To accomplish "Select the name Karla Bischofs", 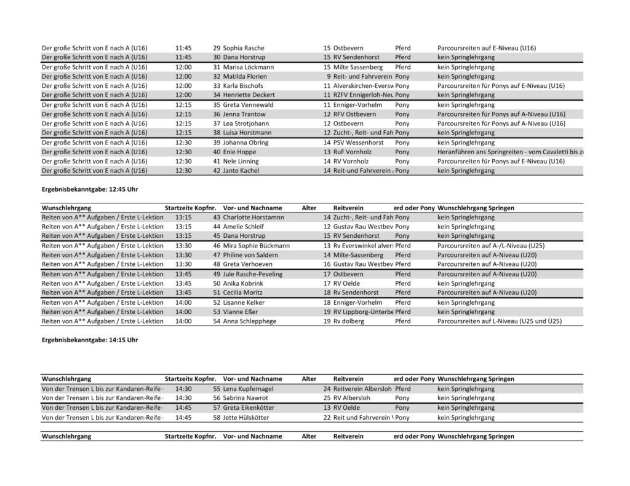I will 243,85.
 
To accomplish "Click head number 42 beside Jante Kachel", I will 217,170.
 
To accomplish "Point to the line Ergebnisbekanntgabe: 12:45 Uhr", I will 89,189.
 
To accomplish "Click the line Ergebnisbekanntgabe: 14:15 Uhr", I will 89,340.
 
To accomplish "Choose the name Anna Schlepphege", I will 250,321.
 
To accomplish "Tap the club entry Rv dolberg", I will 349,321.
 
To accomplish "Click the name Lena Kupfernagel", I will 248,388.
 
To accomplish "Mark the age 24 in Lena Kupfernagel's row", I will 327,388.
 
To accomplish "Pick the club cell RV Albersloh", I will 353,398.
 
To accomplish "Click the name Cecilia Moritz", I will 244,292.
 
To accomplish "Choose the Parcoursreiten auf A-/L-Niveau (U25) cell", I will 490,245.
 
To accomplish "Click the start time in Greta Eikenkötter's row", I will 183,407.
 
